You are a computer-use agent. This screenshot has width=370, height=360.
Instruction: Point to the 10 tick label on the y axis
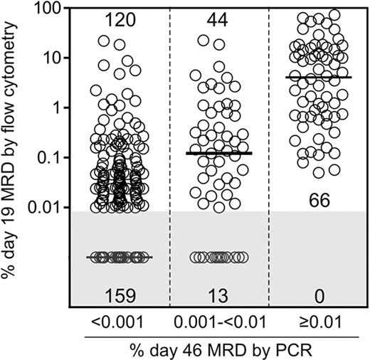(x=48, y=58)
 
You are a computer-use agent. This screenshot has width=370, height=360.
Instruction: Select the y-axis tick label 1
(x=53, y=107)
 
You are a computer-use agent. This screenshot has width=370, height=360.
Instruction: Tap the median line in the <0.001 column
(x=118, y=257)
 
